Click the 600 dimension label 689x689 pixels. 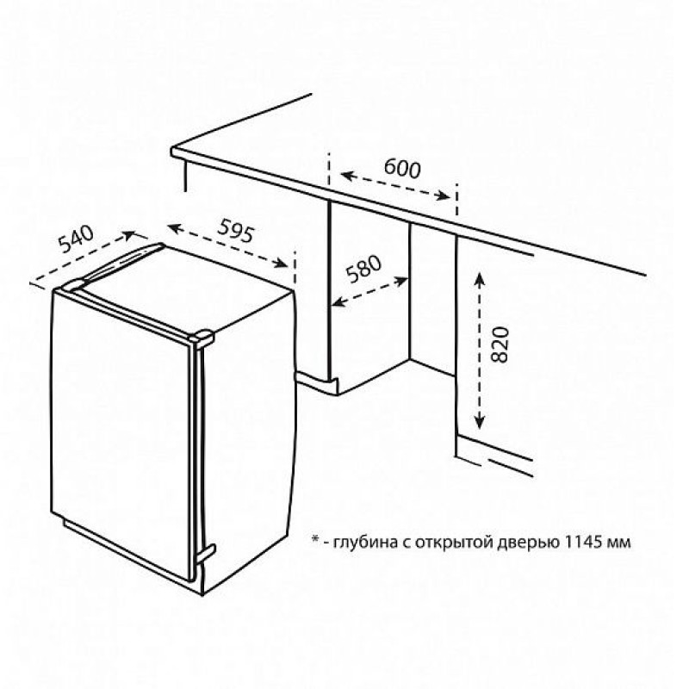[402, 168]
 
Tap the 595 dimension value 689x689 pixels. [236, 231]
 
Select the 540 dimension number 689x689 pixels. [77, 239]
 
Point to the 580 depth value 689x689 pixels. [363, 269]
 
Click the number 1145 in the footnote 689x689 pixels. [582, 542]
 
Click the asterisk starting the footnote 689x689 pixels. [314, 539]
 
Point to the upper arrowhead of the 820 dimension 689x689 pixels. [479, 278]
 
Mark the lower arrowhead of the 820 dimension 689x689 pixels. [480, 422]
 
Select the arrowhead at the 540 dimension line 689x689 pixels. [129, 234]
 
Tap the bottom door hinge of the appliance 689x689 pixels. [205, 552]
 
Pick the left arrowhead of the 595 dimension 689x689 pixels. [175, 227]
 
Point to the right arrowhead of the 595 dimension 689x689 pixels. [281, 263]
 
